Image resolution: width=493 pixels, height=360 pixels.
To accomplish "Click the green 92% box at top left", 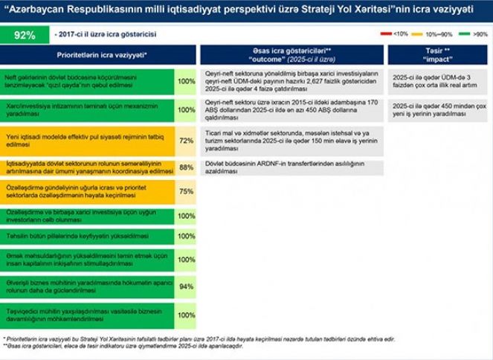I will pos(25,34).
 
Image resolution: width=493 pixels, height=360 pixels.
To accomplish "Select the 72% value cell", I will pos(186,141).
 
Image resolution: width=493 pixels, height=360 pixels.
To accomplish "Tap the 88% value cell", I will pos(186,168).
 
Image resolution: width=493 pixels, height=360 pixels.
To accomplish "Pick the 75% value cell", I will pos(186,191).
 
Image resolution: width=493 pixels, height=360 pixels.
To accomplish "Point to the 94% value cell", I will pos(186,286).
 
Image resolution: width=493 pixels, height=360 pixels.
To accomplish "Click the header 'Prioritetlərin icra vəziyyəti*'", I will pos(101,55).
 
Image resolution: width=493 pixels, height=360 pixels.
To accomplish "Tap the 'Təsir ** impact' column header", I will pos(436,54).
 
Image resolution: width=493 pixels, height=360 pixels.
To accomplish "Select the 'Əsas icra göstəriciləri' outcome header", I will pos(291,54).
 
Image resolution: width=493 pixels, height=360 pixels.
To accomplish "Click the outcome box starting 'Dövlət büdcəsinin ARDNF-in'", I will pos(292,169).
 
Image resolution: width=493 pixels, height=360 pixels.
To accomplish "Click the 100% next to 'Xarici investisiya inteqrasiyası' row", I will pos(186,110).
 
